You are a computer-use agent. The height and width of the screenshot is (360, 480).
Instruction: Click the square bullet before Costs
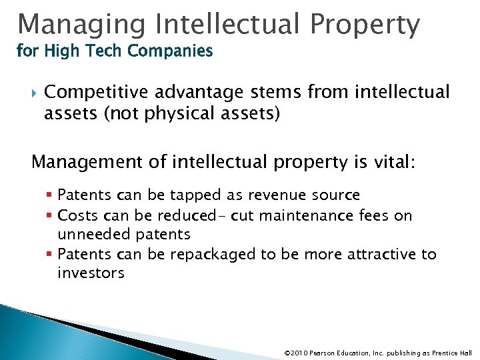tap(51, 215)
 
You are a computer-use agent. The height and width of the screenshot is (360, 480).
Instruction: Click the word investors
tap(91, 273)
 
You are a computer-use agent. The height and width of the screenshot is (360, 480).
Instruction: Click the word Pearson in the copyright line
tap(323, 351)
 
